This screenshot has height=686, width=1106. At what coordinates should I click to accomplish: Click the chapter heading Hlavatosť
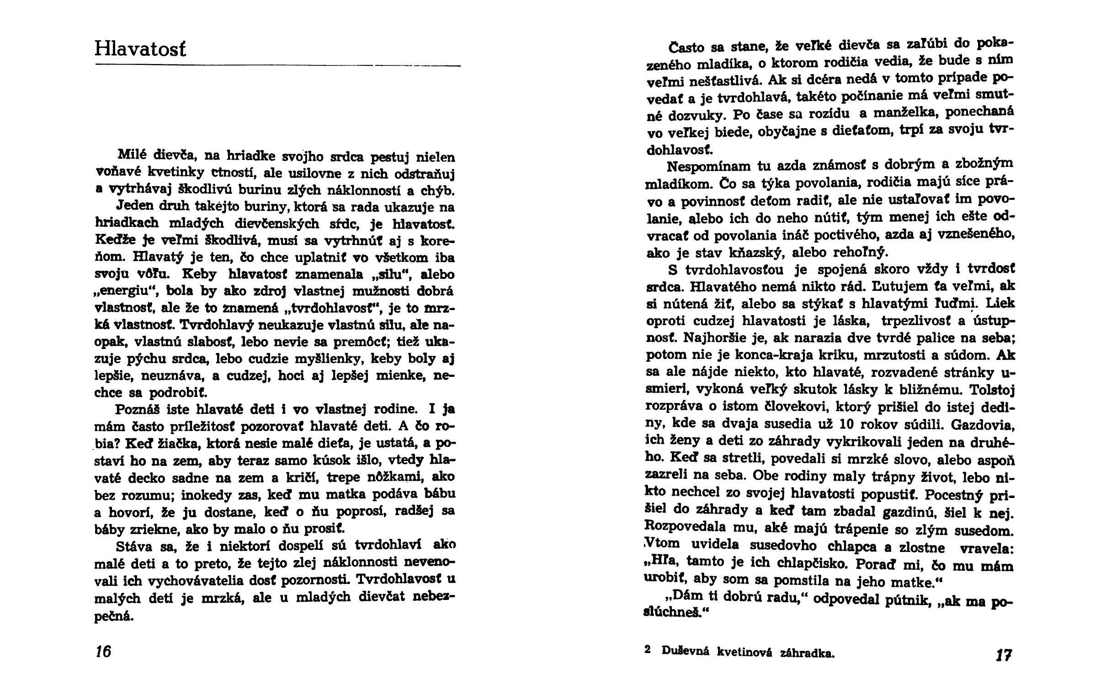[x=141, y=48]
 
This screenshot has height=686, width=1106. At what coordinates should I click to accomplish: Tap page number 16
[x=103, y=651]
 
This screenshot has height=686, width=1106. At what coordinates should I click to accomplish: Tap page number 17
[x=1004, y=655]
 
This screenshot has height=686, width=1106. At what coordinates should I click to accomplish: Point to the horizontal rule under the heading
[x=278, y=67]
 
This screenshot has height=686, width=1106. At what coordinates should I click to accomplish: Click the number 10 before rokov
[x=847, y=424]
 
